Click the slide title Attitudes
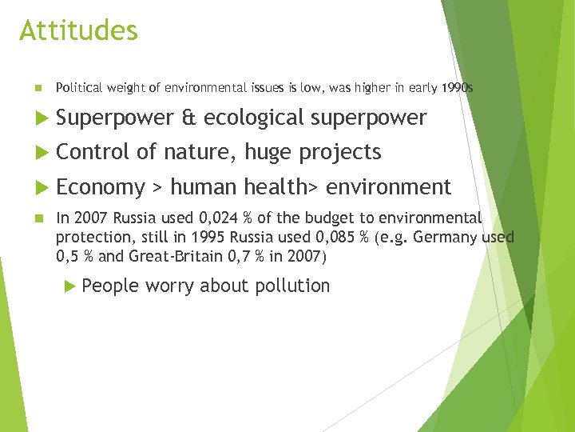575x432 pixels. (x=78, y=31)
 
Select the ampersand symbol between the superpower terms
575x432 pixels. (x=188, y=118)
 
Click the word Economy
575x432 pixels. (x=100, y=187)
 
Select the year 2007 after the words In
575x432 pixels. (x=91, y=218)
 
